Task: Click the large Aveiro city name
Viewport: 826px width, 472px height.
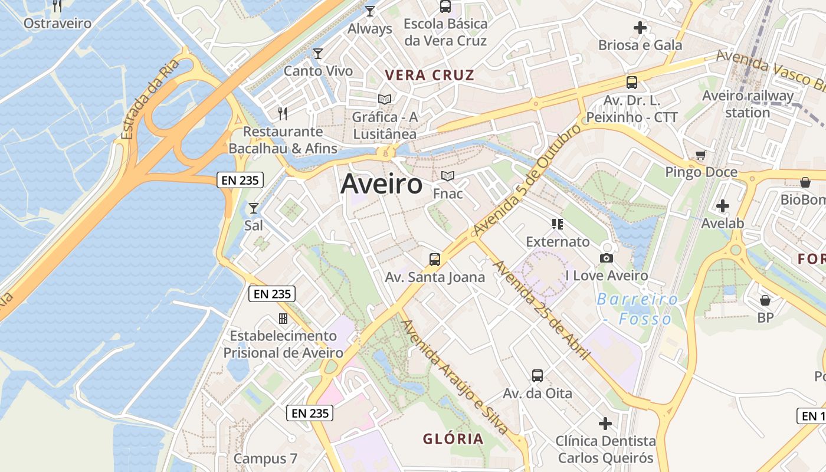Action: tap(381, 184)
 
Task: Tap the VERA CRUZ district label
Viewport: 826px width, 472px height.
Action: tap(430, 75)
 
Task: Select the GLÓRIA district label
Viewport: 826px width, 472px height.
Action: tap(453, 439)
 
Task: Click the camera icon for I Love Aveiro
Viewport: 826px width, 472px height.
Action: tap(606, 258)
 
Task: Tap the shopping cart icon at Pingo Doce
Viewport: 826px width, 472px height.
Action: tap(700, 155)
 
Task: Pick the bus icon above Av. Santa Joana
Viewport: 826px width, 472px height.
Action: tap(435, 259)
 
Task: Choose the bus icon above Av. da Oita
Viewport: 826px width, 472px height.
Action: tap(537, 375)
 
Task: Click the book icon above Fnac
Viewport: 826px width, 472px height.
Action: tap(448, 176)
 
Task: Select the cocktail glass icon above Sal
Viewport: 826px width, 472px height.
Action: tap(254, 208)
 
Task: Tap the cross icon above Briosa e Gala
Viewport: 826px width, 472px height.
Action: tap(640, 28)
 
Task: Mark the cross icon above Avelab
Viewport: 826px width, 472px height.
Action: tap(722, 206)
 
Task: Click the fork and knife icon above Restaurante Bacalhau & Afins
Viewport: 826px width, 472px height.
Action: tap(283, 113)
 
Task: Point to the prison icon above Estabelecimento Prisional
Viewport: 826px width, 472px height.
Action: tap(283, 319)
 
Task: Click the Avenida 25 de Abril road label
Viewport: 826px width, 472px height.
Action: tap(542, 310)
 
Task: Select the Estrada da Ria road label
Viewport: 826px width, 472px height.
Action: tap(149, 100)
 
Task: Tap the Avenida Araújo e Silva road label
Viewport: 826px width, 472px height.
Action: tap(455, 378)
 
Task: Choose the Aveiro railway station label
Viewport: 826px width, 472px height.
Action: tap(748, 104)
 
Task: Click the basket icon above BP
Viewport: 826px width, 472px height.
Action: tap(765, 300)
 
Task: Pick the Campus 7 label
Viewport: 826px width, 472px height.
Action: tap(265, 458)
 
